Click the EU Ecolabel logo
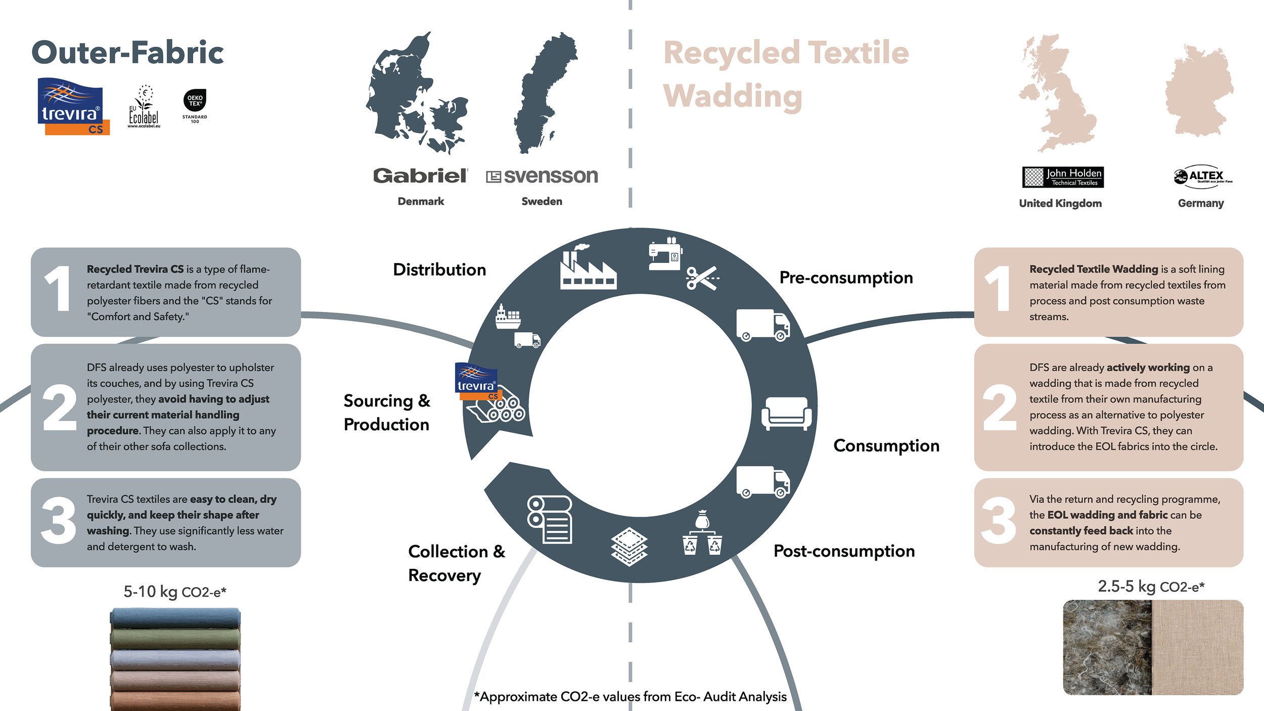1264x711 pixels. (144, 106)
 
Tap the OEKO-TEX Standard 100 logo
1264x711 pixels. (195, 106)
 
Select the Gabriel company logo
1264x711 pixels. (421, 176)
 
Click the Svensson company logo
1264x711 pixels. (542, 176)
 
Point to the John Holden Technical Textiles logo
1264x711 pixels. (1063, 177)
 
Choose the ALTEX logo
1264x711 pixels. (1203, 176)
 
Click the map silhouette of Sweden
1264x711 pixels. (545, 93)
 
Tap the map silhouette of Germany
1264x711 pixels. (1199, 90)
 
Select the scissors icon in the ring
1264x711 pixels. (702, 278)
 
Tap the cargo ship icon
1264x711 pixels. (508, 317)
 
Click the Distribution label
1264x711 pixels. (439, 270)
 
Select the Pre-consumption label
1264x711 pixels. (846, 278)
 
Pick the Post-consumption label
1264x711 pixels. (844, 551)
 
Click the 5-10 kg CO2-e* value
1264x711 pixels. (175, 591)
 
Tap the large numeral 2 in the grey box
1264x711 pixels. (60, 407)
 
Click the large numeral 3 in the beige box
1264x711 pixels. (998, 521)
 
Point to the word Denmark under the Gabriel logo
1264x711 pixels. (421, 201)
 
